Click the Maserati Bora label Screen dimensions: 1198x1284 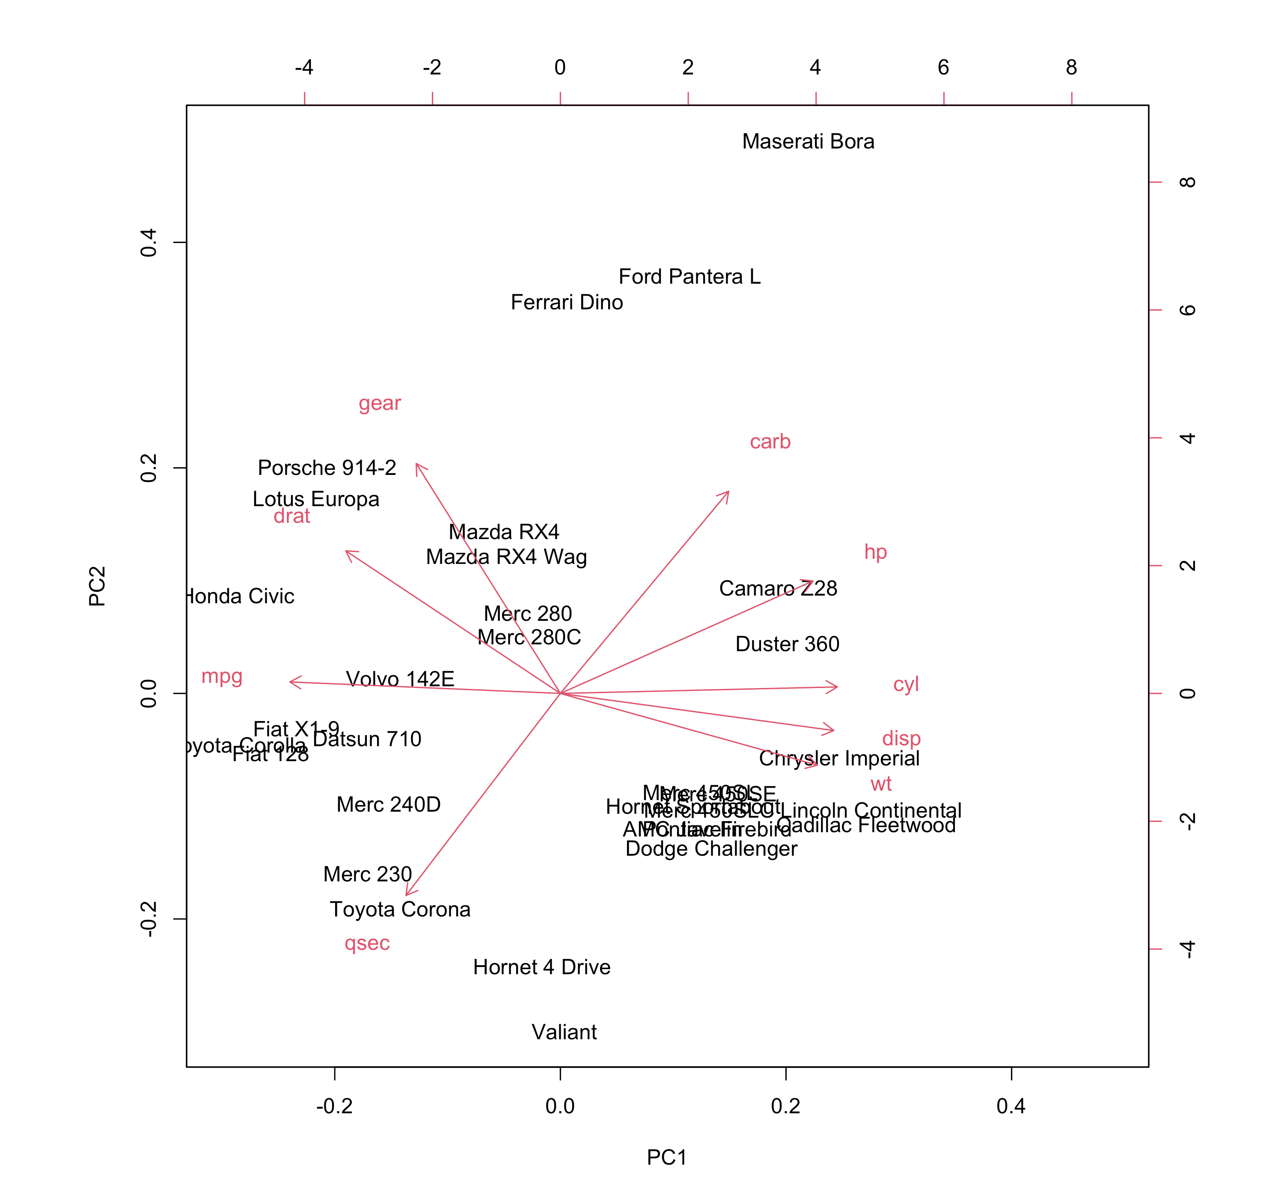pos(808,142)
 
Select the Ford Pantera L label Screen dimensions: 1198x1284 pos(689,276)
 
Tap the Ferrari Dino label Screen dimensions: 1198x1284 pos(566,302)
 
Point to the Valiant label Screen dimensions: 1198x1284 pos(564,1032)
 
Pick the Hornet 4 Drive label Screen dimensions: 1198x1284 pos(541,967)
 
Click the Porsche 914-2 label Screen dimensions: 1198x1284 pos(327,468)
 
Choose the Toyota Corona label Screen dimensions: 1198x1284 pos(400,909)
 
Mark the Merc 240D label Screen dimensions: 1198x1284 pos(388,804)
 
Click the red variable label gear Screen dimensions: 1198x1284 pos(380,403)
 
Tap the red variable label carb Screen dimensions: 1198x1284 pos(770,442)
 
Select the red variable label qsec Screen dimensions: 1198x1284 pos(367,943)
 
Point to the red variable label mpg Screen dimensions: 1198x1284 pos(222,676)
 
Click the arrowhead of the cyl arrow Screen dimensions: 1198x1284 pos(836,687)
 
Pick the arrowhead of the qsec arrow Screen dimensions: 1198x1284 pos(406,895)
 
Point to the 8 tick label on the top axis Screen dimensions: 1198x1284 pos(1071,67)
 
